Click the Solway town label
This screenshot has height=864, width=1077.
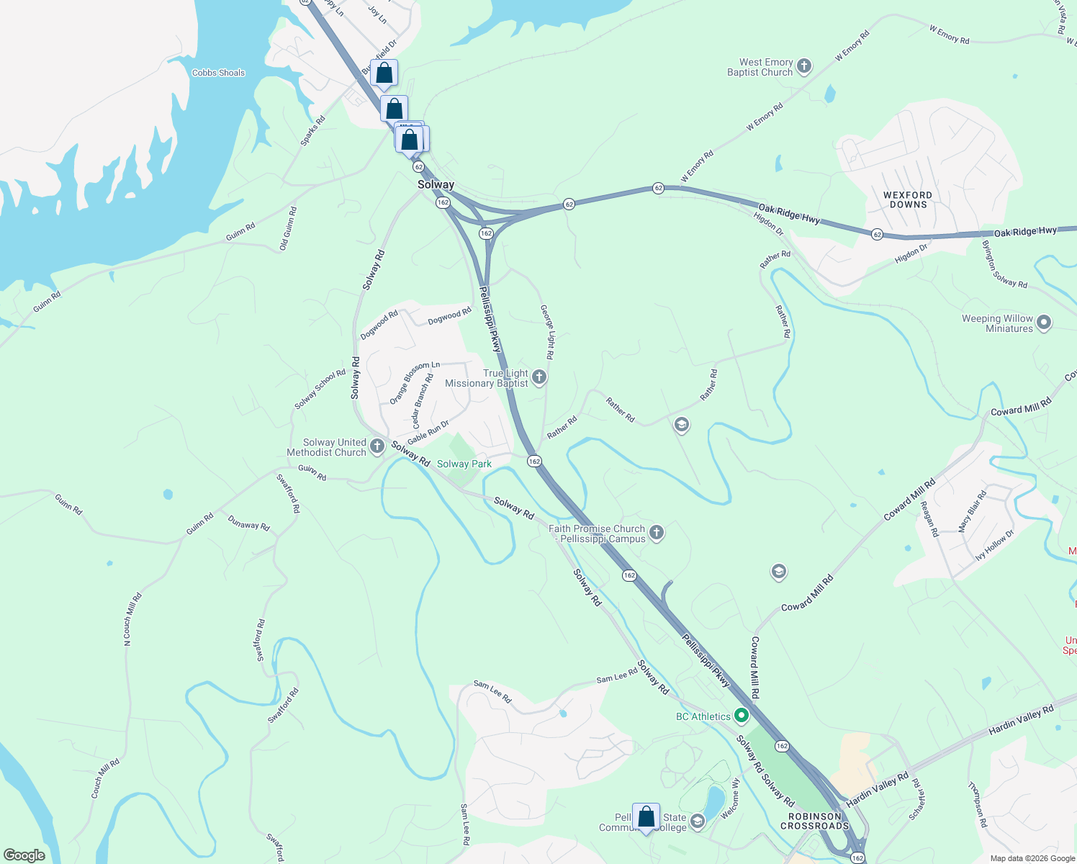(436, 185)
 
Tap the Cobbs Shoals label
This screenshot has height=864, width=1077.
(218, 73)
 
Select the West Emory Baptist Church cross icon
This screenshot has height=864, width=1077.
(804, 67)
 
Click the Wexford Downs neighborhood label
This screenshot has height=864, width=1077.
(908, 199)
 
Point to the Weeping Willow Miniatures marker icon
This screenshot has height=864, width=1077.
(1045, 323)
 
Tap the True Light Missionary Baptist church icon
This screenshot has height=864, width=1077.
(539, 377)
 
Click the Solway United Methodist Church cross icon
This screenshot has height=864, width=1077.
(377, 447)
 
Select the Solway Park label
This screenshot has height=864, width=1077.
(464, 464)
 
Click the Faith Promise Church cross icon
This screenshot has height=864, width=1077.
(656, 533)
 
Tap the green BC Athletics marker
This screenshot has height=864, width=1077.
(742, 716)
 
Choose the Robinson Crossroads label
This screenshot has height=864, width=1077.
(815, 821)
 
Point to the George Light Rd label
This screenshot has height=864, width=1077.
(548, 331)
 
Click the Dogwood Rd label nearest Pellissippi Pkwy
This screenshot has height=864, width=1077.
(449, 316)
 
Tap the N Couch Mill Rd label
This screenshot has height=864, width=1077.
(132, 618)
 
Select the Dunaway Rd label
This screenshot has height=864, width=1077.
(248, 523)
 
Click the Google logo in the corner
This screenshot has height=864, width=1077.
(24, 855)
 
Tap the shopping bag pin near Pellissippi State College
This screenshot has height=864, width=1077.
(646, 817)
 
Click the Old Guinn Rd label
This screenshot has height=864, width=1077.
(288, 229)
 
